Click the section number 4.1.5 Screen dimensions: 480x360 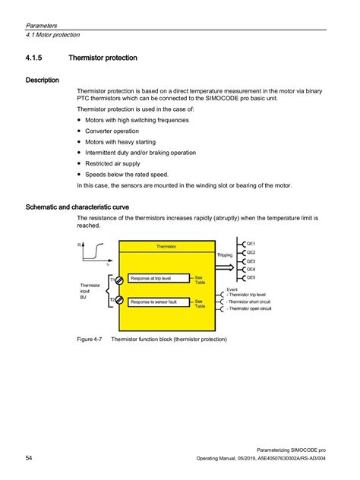(x=37, y=57)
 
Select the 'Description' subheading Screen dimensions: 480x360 (x=43, y=80)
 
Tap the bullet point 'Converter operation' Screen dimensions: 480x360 (x=115, y=131)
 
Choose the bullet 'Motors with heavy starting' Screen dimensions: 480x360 (x=122, y=141)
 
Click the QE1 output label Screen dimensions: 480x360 (x=251, y=243)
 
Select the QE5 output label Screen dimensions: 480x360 (x=251, y=277)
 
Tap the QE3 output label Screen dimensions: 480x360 (x=251, y=260)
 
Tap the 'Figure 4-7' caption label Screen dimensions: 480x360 (x=90, y=339)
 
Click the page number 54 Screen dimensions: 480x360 (x=29, y=459)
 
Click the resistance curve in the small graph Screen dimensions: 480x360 (x=96, y=251)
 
